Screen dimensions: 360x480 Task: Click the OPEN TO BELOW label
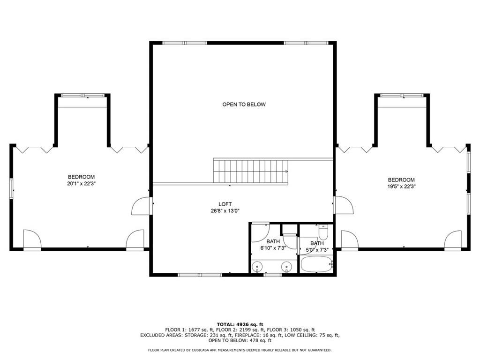[244, 105]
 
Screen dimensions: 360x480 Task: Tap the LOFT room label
[225, 204]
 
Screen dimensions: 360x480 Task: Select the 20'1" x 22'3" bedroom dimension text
[81, 184]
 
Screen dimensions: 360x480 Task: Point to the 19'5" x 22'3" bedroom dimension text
[401, 187]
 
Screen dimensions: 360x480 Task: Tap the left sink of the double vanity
[256, 267]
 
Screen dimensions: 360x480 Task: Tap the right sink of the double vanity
[285, 267]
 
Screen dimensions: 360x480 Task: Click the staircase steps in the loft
[251, 171]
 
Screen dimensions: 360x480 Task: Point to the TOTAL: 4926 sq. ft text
[240, 324]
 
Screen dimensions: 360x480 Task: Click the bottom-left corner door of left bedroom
[32, 240]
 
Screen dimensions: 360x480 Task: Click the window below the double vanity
[272, 275]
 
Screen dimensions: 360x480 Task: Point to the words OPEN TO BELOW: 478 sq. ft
[240, 341]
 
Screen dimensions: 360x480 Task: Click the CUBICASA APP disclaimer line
[240, 350]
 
